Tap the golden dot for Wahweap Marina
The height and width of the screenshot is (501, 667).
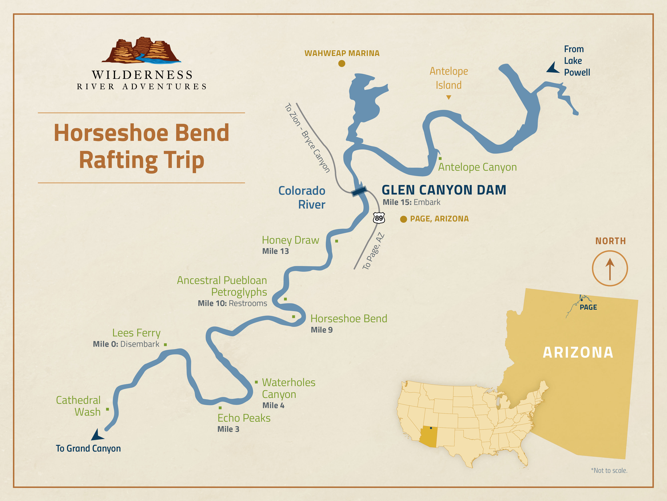[342, 63]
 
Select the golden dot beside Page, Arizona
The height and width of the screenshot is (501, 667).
[403, 219]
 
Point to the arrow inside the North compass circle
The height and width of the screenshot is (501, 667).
[610, 269]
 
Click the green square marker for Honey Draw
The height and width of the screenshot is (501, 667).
[337, 241]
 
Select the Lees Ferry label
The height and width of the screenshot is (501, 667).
[136, 333]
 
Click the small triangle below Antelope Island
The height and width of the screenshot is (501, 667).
[449, 97]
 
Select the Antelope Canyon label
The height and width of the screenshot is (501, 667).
[477, 167]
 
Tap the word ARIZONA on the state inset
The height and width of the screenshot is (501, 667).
[578, 352]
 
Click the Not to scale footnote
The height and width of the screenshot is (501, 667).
[609, 470]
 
